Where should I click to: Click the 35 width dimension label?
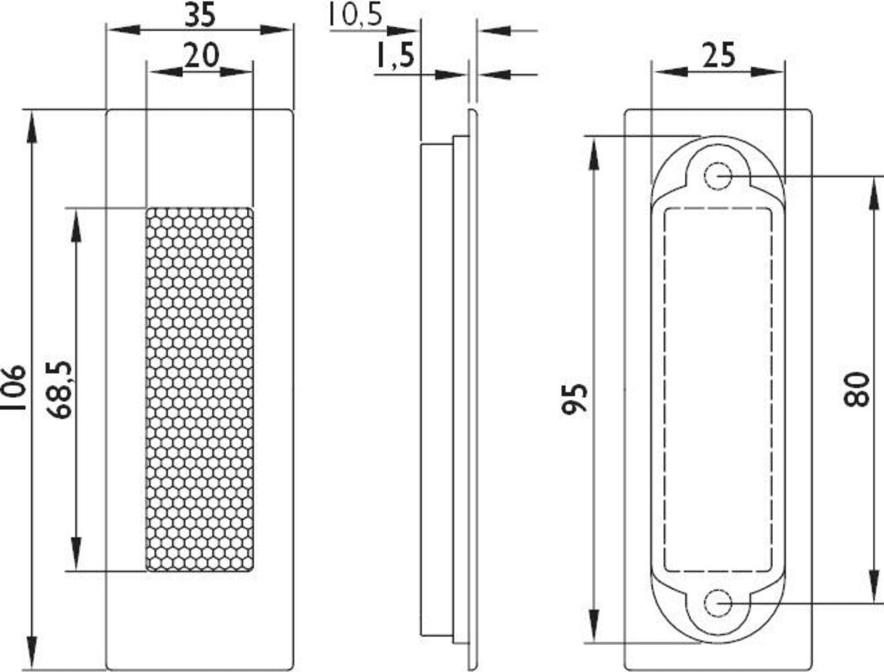pos(200,14)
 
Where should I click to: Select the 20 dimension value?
pos(202,55)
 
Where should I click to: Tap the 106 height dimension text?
pos(13,388)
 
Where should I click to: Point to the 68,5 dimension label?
pos(59,389)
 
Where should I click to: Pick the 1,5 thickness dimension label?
pos(395,55)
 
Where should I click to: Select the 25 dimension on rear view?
pos(718,55)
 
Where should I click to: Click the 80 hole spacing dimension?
pos(857,390)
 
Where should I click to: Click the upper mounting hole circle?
pos(718,176)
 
